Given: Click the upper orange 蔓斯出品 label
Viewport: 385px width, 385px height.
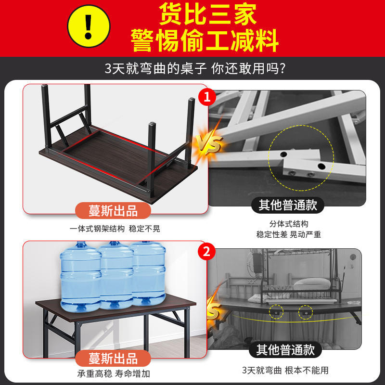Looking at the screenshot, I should [113, 211].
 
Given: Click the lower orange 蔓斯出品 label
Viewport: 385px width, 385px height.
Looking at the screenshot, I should [113, 359].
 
